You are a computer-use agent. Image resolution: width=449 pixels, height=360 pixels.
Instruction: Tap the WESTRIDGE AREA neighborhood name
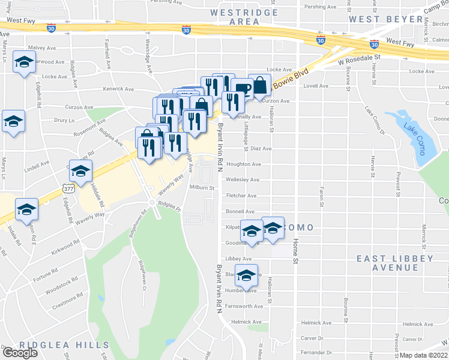point(244,16)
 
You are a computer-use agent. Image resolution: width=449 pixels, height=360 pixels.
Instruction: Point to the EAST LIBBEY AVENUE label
point(394,263)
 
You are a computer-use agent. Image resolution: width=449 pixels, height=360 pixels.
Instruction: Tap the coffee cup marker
point(243,89)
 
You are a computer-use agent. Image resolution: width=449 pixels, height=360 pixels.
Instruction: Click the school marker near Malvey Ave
point(25,63)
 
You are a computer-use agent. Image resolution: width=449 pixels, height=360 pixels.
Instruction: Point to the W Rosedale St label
point(360,59)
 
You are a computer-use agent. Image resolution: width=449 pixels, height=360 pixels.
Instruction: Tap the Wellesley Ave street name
point(243,179)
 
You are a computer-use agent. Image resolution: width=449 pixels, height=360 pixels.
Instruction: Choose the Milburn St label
point(202,188)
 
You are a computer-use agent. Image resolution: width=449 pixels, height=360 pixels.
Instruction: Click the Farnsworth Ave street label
point(244,306)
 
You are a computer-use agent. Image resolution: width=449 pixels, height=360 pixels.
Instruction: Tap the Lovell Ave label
point(316,86)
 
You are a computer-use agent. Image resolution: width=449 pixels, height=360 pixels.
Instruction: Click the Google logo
point(20,353)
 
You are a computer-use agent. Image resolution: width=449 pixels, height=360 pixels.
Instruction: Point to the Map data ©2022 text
point(423,355)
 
